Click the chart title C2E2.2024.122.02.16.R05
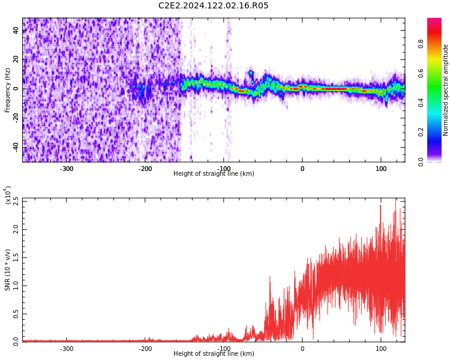pyautogui.click(x=214, y=6)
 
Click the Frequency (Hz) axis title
pyautogui.click(x=8, y=90)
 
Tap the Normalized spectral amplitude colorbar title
pyautogui.click(x=446, y=90)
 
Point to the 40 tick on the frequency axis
pyautogui.click(x=16, y=31)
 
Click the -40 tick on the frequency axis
pyautogui.click(x=15, y=146)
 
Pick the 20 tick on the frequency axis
pyautogui.click(x=16, y=59)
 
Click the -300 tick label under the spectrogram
pyautogui.click(x=67, y=169)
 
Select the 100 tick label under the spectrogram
pyautogui.click(x=381, y=169)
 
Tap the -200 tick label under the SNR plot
pyautogui.click(x=145, y=349)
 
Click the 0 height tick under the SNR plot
pyautogui.click(x=302, y=349)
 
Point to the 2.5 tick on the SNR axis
pyautogui.click(x=16, y=202)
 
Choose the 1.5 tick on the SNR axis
pyautogui.click(x=16, y=257)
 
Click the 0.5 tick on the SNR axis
pyautogui.click(x=16, y=313)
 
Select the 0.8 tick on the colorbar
pyautogui.click(x=421, y=43)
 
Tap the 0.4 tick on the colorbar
pyautogui.click(x=421, y=102)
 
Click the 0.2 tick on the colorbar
pyautogui.click(x=421, y=132)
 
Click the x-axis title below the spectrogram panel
pyautogui.click(x=214, y=174)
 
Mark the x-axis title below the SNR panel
pyautogui.click(x=214, y=354)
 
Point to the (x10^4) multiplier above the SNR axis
pyautogui.click(x=8, y=196)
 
